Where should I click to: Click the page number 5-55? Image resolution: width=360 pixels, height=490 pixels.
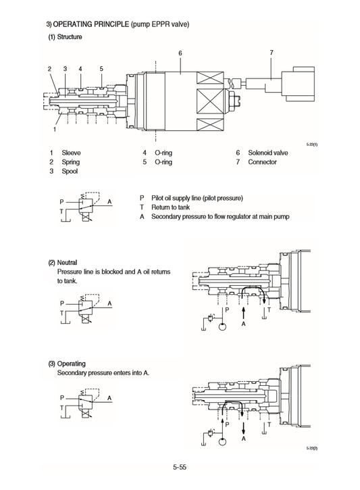click(179, 466)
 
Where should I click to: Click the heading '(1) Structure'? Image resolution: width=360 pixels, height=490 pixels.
click(65, 36)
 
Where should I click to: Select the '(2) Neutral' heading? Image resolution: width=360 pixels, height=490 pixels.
click(62, 262)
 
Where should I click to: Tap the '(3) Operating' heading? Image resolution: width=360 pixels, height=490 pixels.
click(66, 364)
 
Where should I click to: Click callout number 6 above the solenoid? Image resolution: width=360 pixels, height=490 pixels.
click(180, 53)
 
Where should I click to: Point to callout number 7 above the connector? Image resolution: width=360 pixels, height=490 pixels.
click(271, 52)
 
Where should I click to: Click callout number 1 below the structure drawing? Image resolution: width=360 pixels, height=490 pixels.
click(55, 128)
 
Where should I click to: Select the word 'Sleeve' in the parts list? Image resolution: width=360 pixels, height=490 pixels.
click(71, 153)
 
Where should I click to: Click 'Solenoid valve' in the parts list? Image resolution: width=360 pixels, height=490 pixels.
click(267, 153)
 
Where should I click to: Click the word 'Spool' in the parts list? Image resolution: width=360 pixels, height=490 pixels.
click(70, 172)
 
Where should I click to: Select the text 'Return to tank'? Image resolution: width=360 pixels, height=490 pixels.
click(170, 207)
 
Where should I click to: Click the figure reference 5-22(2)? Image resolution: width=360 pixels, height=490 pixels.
click(311, 448)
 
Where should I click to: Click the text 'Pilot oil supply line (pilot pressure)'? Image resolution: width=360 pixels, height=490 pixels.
click(197, 198)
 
